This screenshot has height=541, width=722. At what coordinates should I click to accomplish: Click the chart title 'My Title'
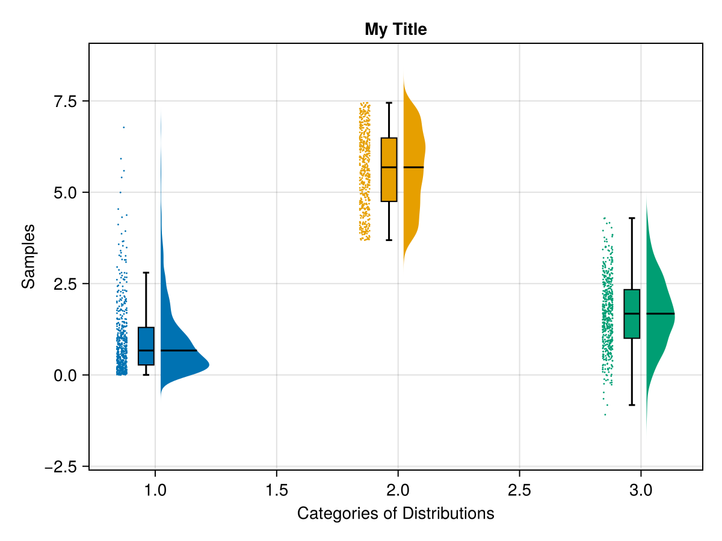395,29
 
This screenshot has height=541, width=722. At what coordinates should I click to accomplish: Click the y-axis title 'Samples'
28,256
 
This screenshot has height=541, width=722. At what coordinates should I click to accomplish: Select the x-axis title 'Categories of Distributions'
395,513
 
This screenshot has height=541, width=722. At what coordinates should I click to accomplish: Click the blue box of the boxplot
146,346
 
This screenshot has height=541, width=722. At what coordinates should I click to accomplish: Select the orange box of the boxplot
389,170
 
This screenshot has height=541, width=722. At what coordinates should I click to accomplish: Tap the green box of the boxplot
632,314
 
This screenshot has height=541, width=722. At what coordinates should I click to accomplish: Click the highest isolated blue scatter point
124,127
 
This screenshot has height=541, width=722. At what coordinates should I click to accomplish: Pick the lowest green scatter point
605,415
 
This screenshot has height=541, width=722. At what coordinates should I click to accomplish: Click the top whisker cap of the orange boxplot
389,103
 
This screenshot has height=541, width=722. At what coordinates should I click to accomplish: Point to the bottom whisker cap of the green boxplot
632,405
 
